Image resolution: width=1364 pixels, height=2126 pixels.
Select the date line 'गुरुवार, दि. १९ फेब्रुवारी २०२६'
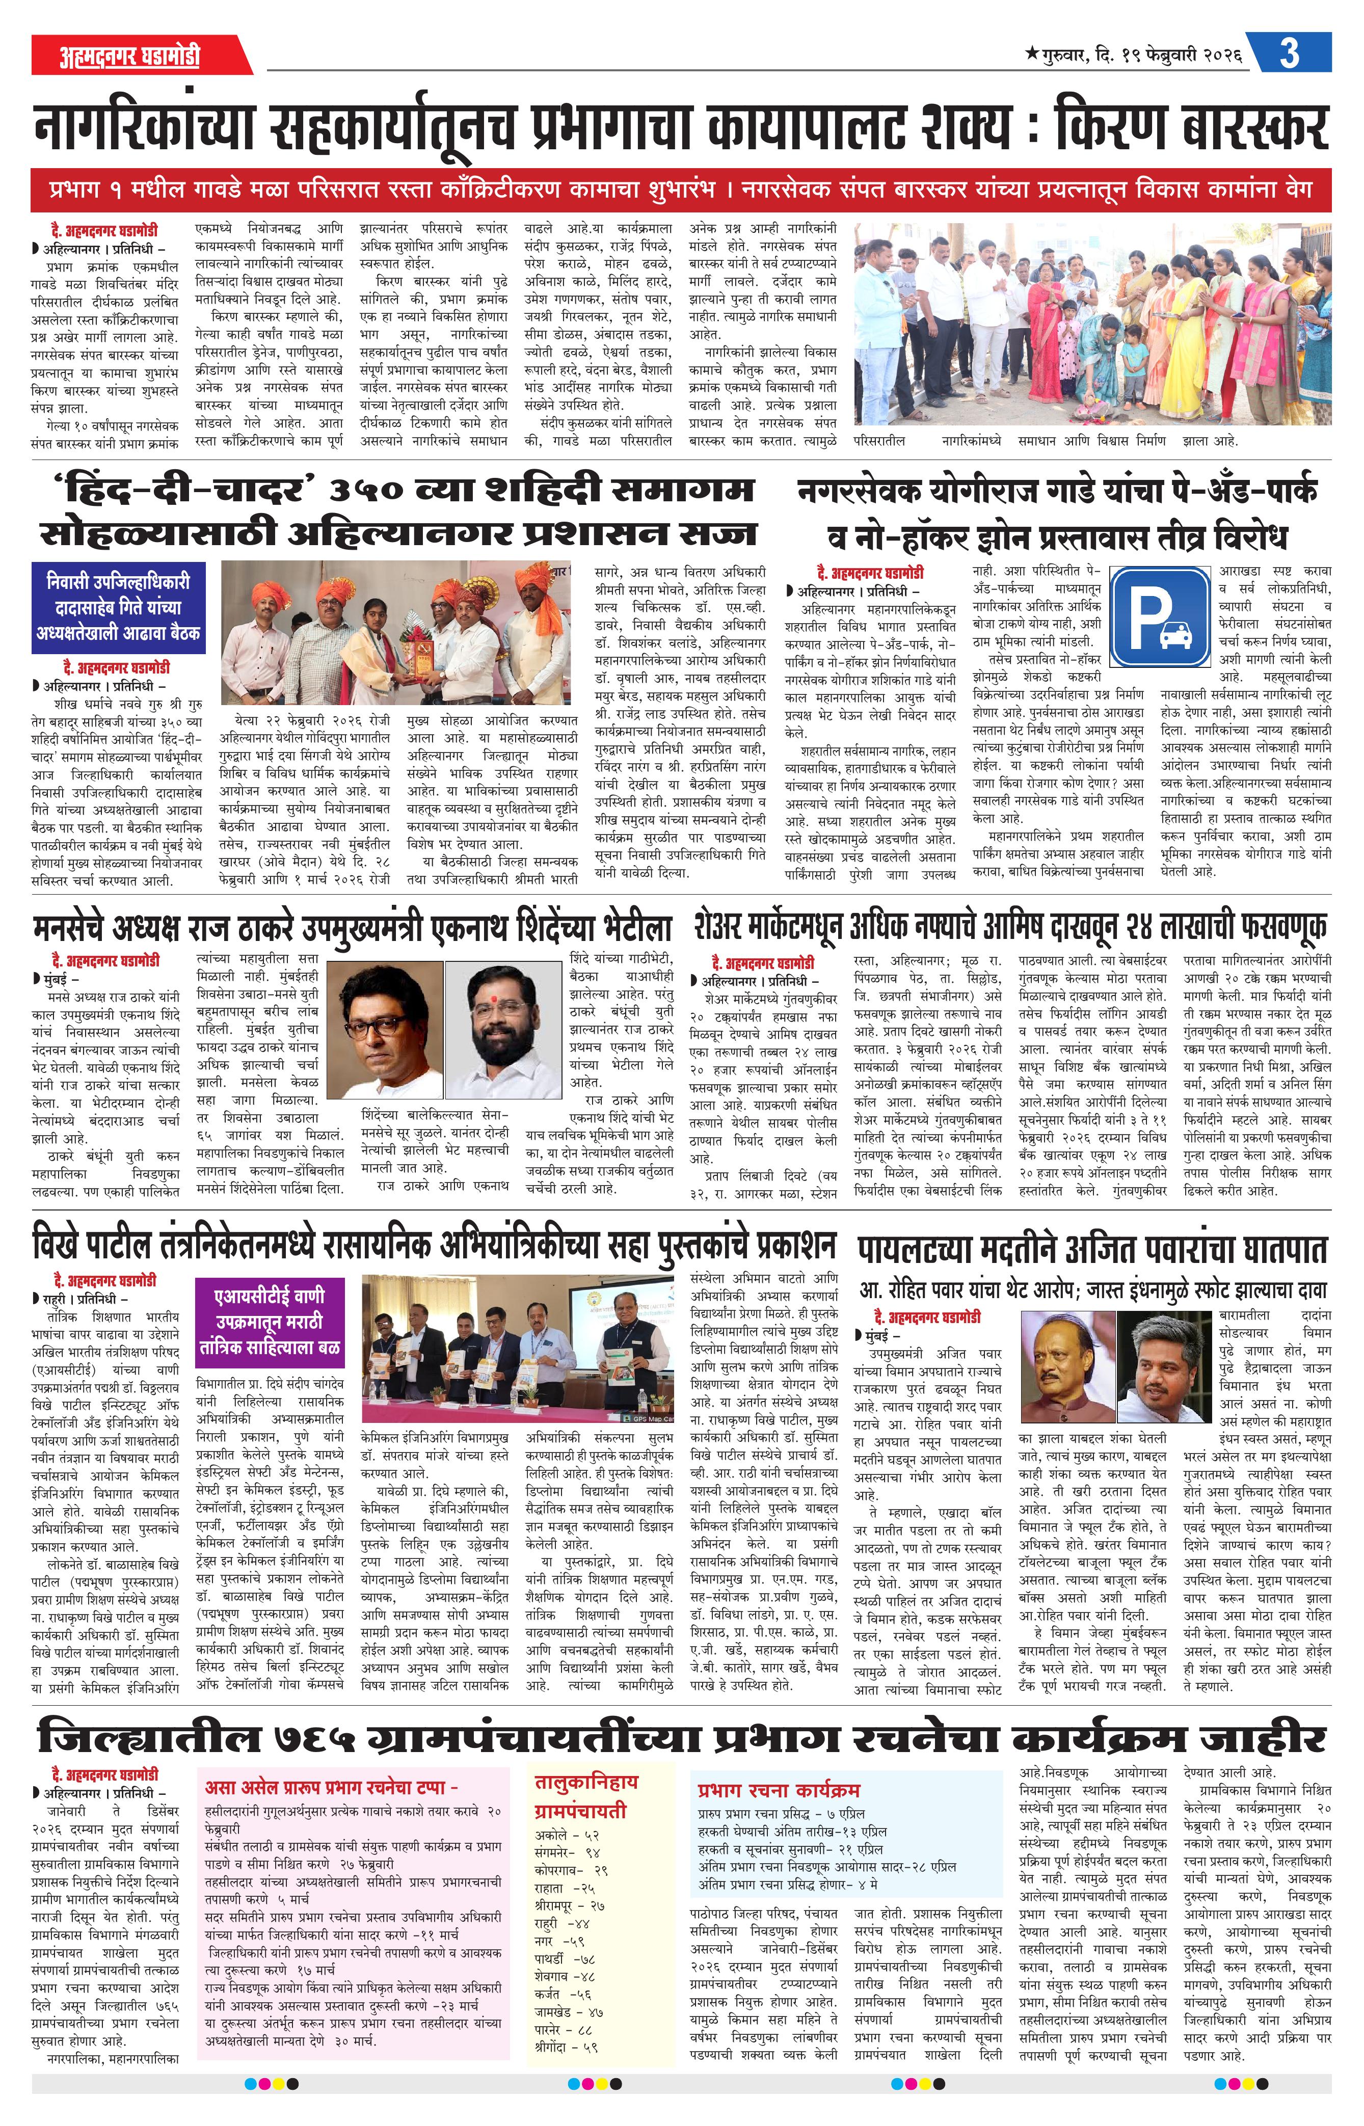coord(1134,55)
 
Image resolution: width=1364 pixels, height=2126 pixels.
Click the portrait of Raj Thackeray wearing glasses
coord(390,1029)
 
